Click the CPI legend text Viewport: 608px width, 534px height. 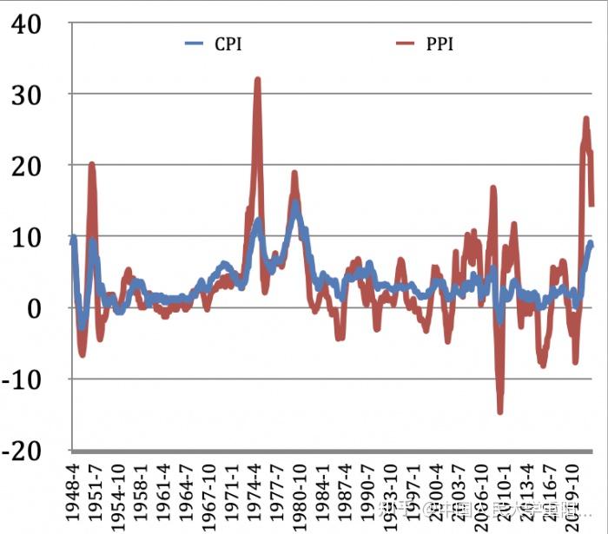(x=228, y=44)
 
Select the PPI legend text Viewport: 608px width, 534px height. (x=440, y=44)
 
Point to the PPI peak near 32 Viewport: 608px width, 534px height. (x=257, y=80)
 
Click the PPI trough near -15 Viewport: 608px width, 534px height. (x=500, y=411)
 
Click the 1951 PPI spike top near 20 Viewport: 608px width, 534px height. (x=91, y=164)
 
